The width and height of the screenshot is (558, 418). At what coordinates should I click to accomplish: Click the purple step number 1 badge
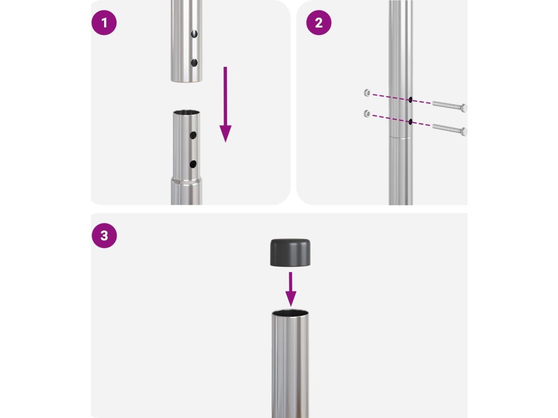coord(104,23)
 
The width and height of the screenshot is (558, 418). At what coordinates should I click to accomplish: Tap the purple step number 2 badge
coord(318,23)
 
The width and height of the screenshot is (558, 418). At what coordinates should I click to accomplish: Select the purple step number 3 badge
coord(104,235)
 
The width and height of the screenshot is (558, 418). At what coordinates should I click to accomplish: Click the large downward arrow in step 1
coord(225,104)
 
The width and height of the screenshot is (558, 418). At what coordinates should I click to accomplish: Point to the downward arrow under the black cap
coord(291,289)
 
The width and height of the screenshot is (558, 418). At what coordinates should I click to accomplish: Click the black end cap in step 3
coord(290,253)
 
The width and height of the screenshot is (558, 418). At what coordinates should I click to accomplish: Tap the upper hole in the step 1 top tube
coord(194,34)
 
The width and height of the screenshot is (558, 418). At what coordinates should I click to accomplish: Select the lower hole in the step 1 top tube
coord(194,63)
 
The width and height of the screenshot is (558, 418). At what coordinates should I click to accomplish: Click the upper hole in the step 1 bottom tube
coord(193,135)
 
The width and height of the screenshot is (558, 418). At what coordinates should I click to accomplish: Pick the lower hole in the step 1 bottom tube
coord(193,164)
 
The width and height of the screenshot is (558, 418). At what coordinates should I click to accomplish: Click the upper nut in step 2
coord(367,93)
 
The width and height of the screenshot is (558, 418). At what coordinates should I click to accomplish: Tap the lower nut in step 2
coord(367,114)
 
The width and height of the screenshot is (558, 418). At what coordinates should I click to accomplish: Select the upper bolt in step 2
coord(450,106)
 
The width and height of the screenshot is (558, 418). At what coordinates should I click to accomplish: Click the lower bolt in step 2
coord(450,128)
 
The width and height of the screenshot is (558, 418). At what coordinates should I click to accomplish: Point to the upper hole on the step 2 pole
coord(410,100)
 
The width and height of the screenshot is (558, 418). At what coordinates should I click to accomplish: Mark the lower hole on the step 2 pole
coord(410,122)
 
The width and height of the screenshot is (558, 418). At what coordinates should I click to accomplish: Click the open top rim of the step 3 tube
coord(290,313)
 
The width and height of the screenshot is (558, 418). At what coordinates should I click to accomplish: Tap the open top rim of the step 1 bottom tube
coord(186,113)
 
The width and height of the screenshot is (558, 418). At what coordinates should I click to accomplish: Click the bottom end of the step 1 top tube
coord(186,81)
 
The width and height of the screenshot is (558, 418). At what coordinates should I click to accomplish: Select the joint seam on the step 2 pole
coord(401,137)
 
